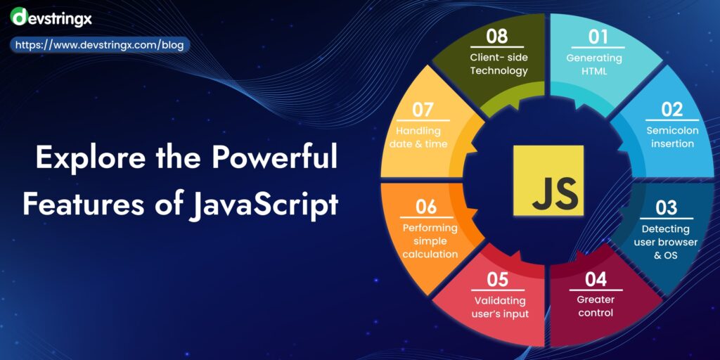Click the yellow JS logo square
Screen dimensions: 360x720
coord(548,180)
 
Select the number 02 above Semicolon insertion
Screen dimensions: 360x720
coord(671,109)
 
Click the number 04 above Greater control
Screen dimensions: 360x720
coord(595,279)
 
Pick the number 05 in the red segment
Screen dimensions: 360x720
coord(497,279)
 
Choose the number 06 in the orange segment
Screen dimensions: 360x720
coord(426,207)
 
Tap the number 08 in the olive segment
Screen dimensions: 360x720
coord(499,35)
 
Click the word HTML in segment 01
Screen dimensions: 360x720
coord(594,71)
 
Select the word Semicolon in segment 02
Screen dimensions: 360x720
coord(670,131)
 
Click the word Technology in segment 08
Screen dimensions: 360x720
coord(499,70)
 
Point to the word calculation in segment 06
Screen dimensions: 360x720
coord(430,254)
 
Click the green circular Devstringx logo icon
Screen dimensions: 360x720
coord(19,15)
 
